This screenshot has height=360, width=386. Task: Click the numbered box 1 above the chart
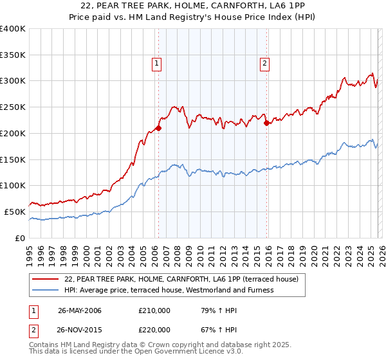[157, 63]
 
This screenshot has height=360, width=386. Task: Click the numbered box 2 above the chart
[264, 63]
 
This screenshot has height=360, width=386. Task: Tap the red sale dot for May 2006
[158, 128]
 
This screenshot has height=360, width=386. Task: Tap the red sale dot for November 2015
[266, 123]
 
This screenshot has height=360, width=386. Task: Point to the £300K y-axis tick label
[13, 81]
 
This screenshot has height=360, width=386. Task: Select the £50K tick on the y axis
[15, 212]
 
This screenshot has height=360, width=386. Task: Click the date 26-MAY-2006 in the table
[80, 311]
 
